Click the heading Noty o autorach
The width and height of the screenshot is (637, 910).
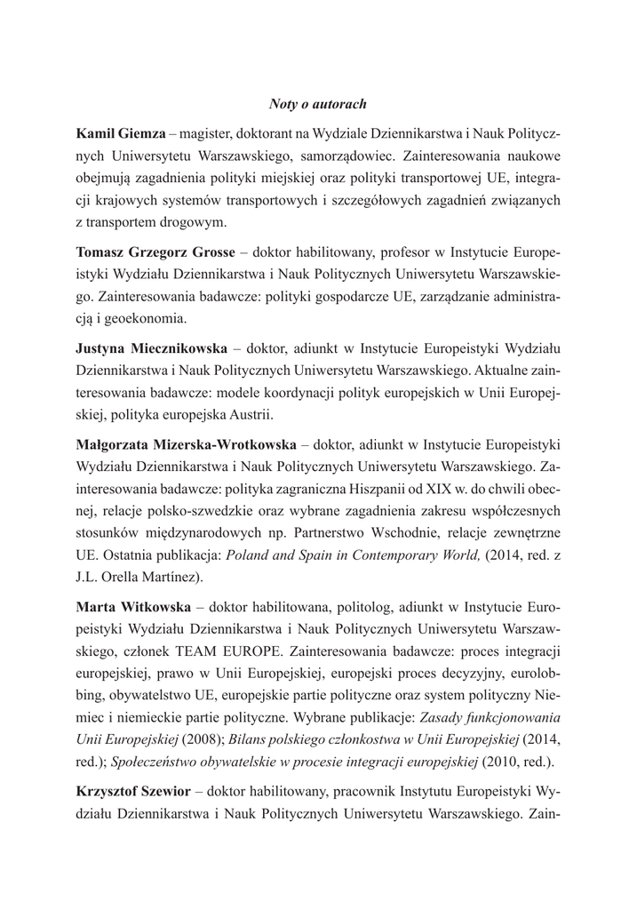click(x=317, y=105)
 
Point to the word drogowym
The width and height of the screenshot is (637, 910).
click(x=189, y=222)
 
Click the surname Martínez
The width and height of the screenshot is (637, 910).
click(x=169, y=576)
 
